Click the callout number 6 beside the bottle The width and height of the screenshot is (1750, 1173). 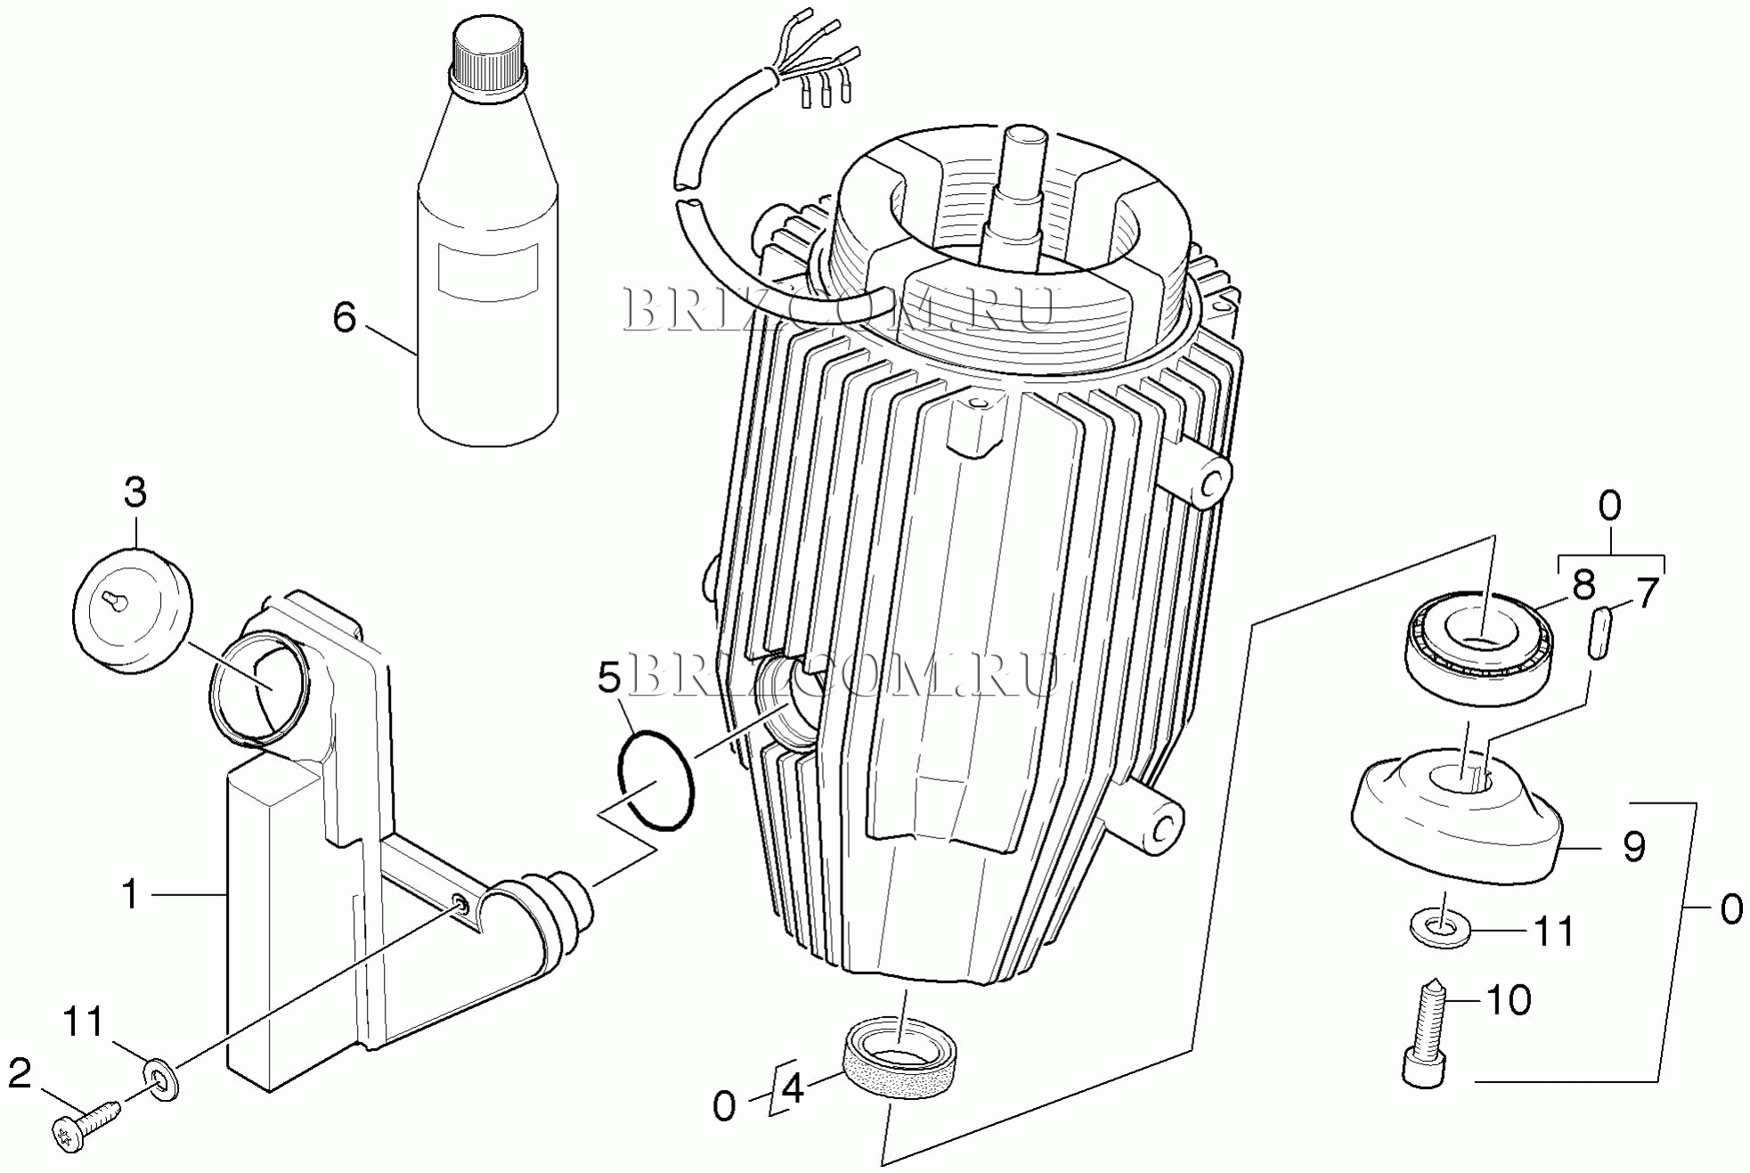pyautogui.click(x=345, y=318)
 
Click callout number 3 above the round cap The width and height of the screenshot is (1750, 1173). pyautogui.click(x=134, y=492)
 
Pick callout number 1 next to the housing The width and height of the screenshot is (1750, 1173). pyautogui.click(x=130, y=894)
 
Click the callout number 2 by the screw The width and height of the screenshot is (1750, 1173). pyautogui.click(x=20, y=1073)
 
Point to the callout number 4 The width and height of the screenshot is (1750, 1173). pyautogui.click(x=792, y=1088)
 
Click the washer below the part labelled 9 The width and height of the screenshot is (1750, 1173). pyautogui.click(x=1440, y=927)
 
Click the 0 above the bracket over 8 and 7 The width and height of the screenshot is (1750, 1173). pyautogui.click(x=1610, y=507)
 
